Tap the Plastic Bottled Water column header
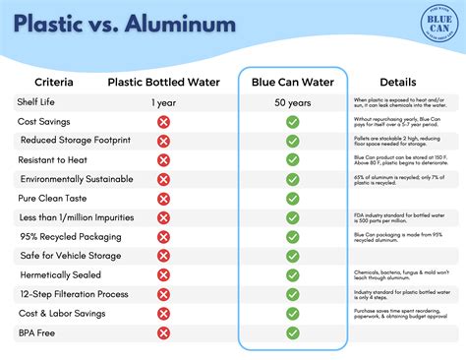coord(163,82)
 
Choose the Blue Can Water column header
coord(292,82)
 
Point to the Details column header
coord(397,82)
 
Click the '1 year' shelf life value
coord(163,102)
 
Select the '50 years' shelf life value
coord(292,102)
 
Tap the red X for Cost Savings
coord(163,121)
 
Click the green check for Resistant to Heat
coord(292,159)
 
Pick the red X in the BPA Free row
coord(163,332)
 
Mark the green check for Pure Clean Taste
coord(292,198)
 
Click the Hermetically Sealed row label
coord(62,274)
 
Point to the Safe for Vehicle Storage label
coord(70,256)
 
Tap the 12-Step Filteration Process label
coord(73,294)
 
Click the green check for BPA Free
coord(292,332)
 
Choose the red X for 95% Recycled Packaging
coord(163,236)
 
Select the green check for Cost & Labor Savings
coord(292,313)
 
